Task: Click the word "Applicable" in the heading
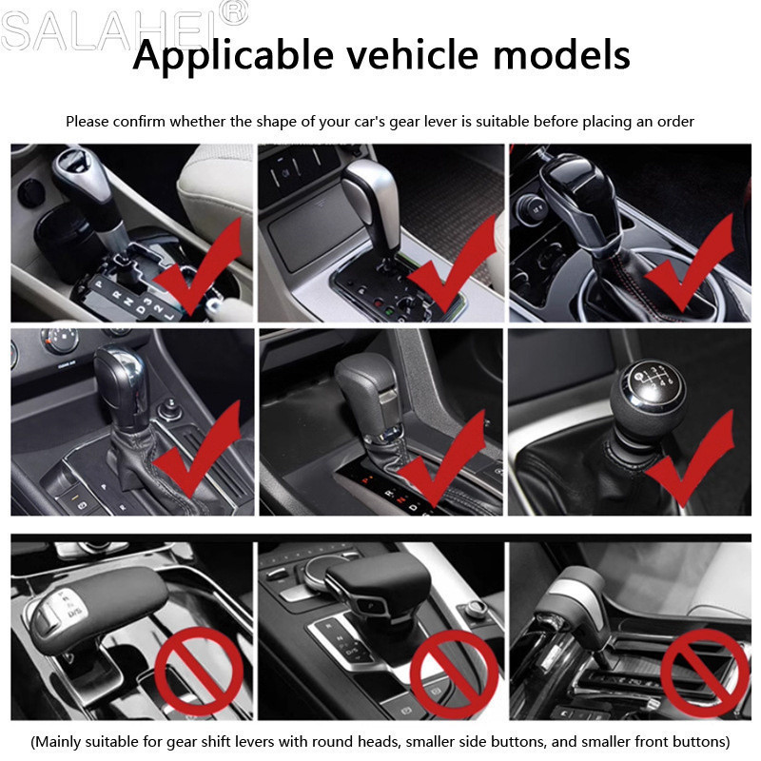point(233,57)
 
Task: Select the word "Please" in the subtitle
point(88,122)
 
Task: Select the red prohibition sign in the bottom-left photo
point(198,672)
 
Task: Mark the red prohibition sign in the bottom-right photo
point(705,673)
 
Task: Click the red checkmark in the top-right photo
point(689,263)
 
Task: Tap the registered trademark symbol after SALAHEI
point(235,12)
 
